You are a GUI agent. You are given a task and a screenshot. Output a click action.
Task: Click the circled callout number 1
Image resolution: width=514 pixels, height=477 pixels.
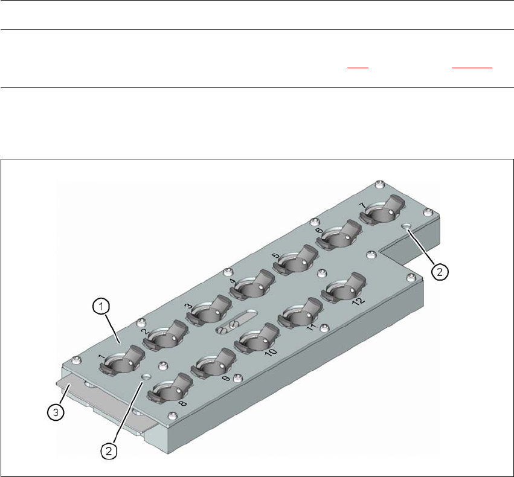(x=101, y=307)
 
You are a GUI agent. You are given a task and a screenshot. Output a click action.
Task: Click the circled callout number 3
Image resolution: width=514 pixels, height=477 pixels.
(x=56, y=412)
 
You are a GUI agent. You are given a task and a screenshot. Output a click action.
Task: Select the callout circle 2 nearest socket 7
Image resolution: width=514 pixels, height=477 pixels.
(x=440, y=272)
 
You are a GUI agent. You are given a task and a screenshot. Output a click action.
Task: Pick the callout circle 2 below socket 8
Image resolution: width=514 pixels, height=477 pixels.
(x=109, y=451)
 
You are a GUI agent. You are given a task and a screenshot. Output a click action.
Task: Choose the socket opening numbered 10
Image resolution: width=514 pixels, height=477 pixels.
(x=256, y=340)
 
